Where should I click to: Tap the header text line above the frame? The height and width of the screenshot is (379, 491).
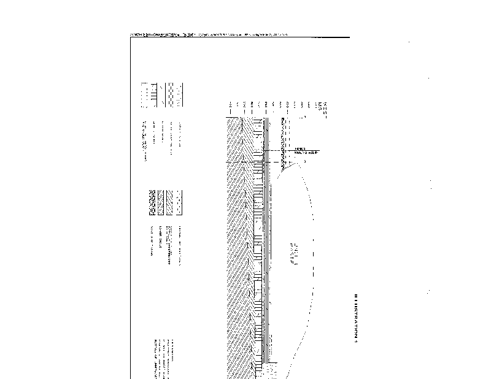[209, 34]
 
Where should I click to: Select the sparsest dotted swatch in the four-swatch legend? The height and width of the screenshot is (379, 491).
[179, 202]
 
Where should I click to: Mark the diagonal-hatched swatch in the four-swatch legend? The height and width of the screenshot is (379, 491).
[170, 202]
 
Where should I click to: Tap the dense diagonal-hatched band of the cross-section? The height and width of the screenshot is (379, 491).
[236, 245]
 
